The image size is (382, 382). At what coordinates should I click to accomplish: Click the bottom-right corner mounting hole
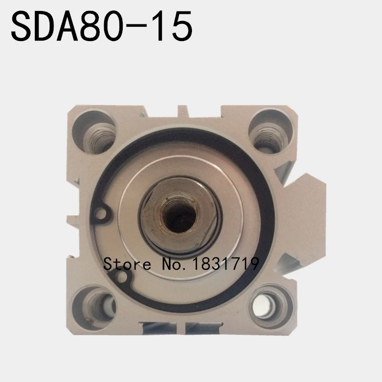pyautogui.click(x=267, y=306)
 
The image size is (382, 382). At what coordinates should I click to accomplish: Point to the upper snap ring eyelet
pyautogui.click(x=101, y=213)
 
